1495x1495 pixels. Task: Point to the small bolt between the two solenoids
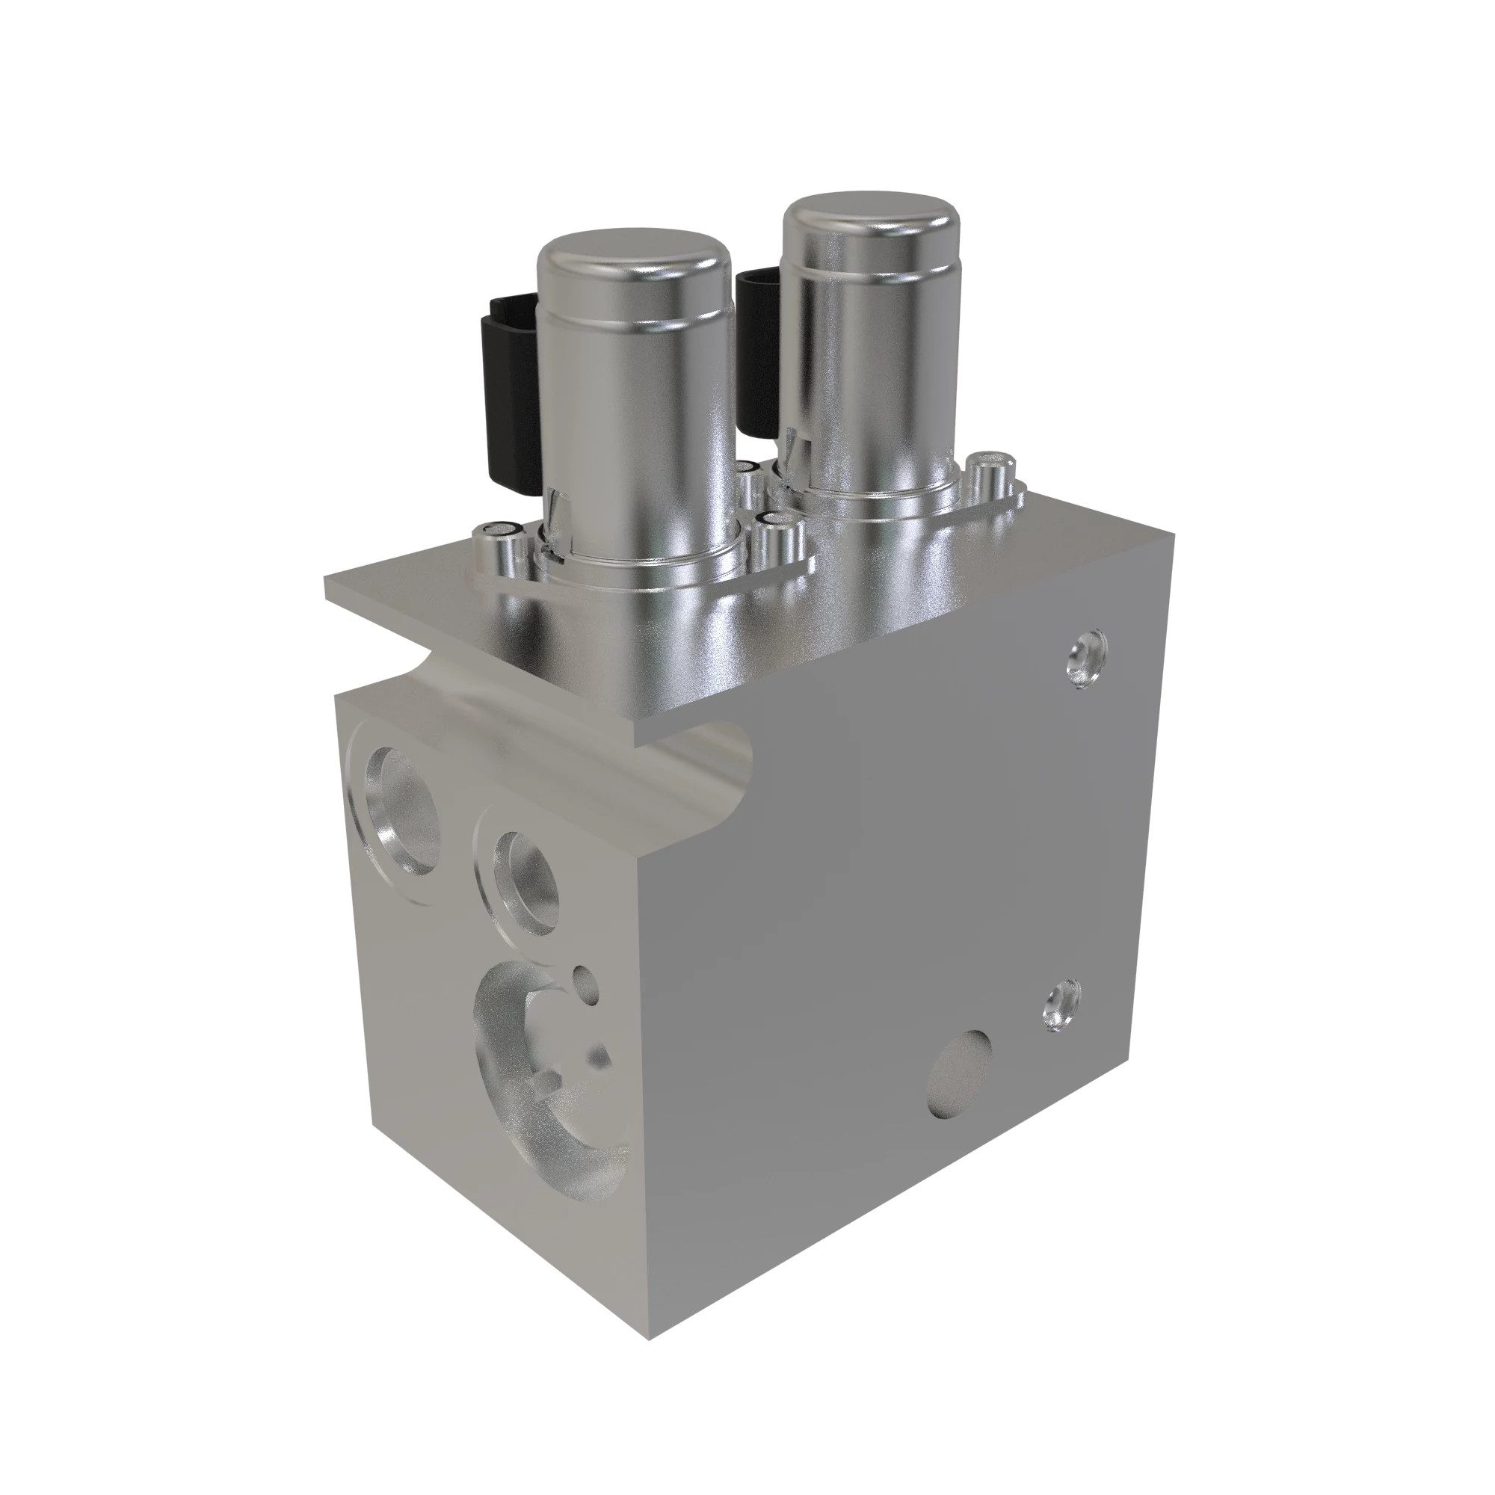(x=747, y=480)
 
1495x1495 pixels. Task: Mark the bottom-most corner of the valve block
(x=648, y=1340)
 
